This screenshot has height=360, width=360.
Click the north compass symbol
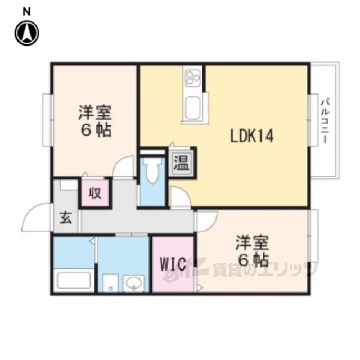tap(26, 33)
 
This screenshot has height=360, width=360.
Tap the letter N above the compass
tap(26, 12)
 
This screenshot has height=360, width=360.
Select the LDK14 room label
tap(252, 136)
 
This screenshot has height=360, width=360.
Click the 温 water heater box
tap(182, 163)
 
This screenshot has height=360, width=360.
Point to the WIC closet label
tap(173, 264)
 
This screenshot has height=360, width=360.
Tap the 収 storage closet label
tap(95, 193)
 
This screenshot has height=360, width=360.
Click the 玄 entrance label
tap(66, 218)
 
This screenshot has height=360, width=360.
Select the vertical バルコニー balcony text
tap(325, 121)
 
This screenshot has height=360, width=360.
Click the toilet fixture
tap(152, 170)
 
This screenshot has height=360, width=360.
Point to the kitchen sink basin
tap(192, 108)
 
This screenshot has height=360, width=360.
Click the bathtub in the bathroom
tap(74, 280)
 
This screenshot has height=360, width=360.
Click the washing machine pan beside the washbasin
tap(110, 283)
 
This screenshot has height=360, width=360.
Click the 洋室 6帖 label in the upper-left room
tap(95, 121)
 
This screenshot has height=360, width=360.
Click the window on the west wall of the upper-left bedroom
tap(48, 120)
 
